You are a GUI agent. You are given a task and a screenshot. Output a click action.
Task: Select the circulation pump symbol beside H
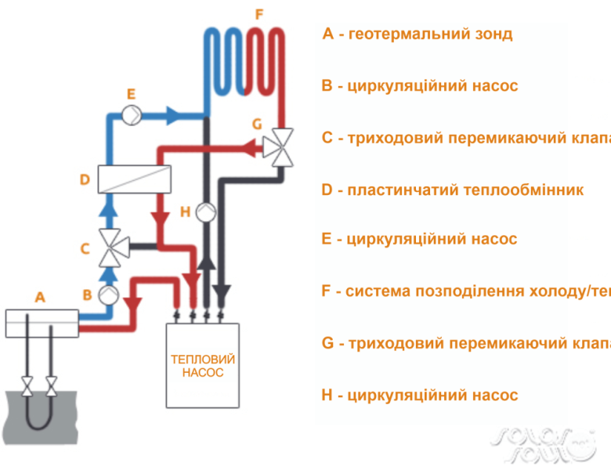[x=206, y=211]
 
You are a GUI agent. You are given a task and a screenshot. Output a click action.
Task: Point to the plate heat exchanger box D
[x=134, y=179]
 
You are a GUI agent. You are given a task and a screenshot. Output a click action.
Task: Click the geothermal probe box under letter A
[x=42, y=323]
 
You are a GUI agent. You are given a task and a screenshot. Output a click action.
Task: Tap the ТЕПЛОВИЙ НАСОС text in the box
[x=203, y=366]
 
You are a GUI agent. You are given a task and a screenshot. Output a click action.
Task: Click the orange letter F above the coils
[x=259, y=14]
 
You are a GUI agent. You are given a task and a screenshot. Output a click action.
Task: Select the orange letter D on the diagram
[x=85, y=180]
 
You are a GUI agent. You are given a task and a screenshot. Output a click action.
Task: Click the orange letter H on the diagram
[x=185, y=211]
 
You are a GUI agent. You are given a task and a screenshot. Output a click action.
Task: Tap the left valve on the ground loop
[x=28, y=385]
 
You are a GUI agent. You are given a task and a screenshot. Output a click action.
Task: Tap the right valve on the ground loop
[x=52, y=385]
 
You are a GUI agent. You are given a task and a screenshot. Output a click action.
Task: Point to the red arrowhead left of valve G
[x=251, y=146]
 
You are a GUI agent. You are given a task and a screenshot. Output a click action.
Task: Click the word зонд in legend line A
[x=492, y=34]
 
